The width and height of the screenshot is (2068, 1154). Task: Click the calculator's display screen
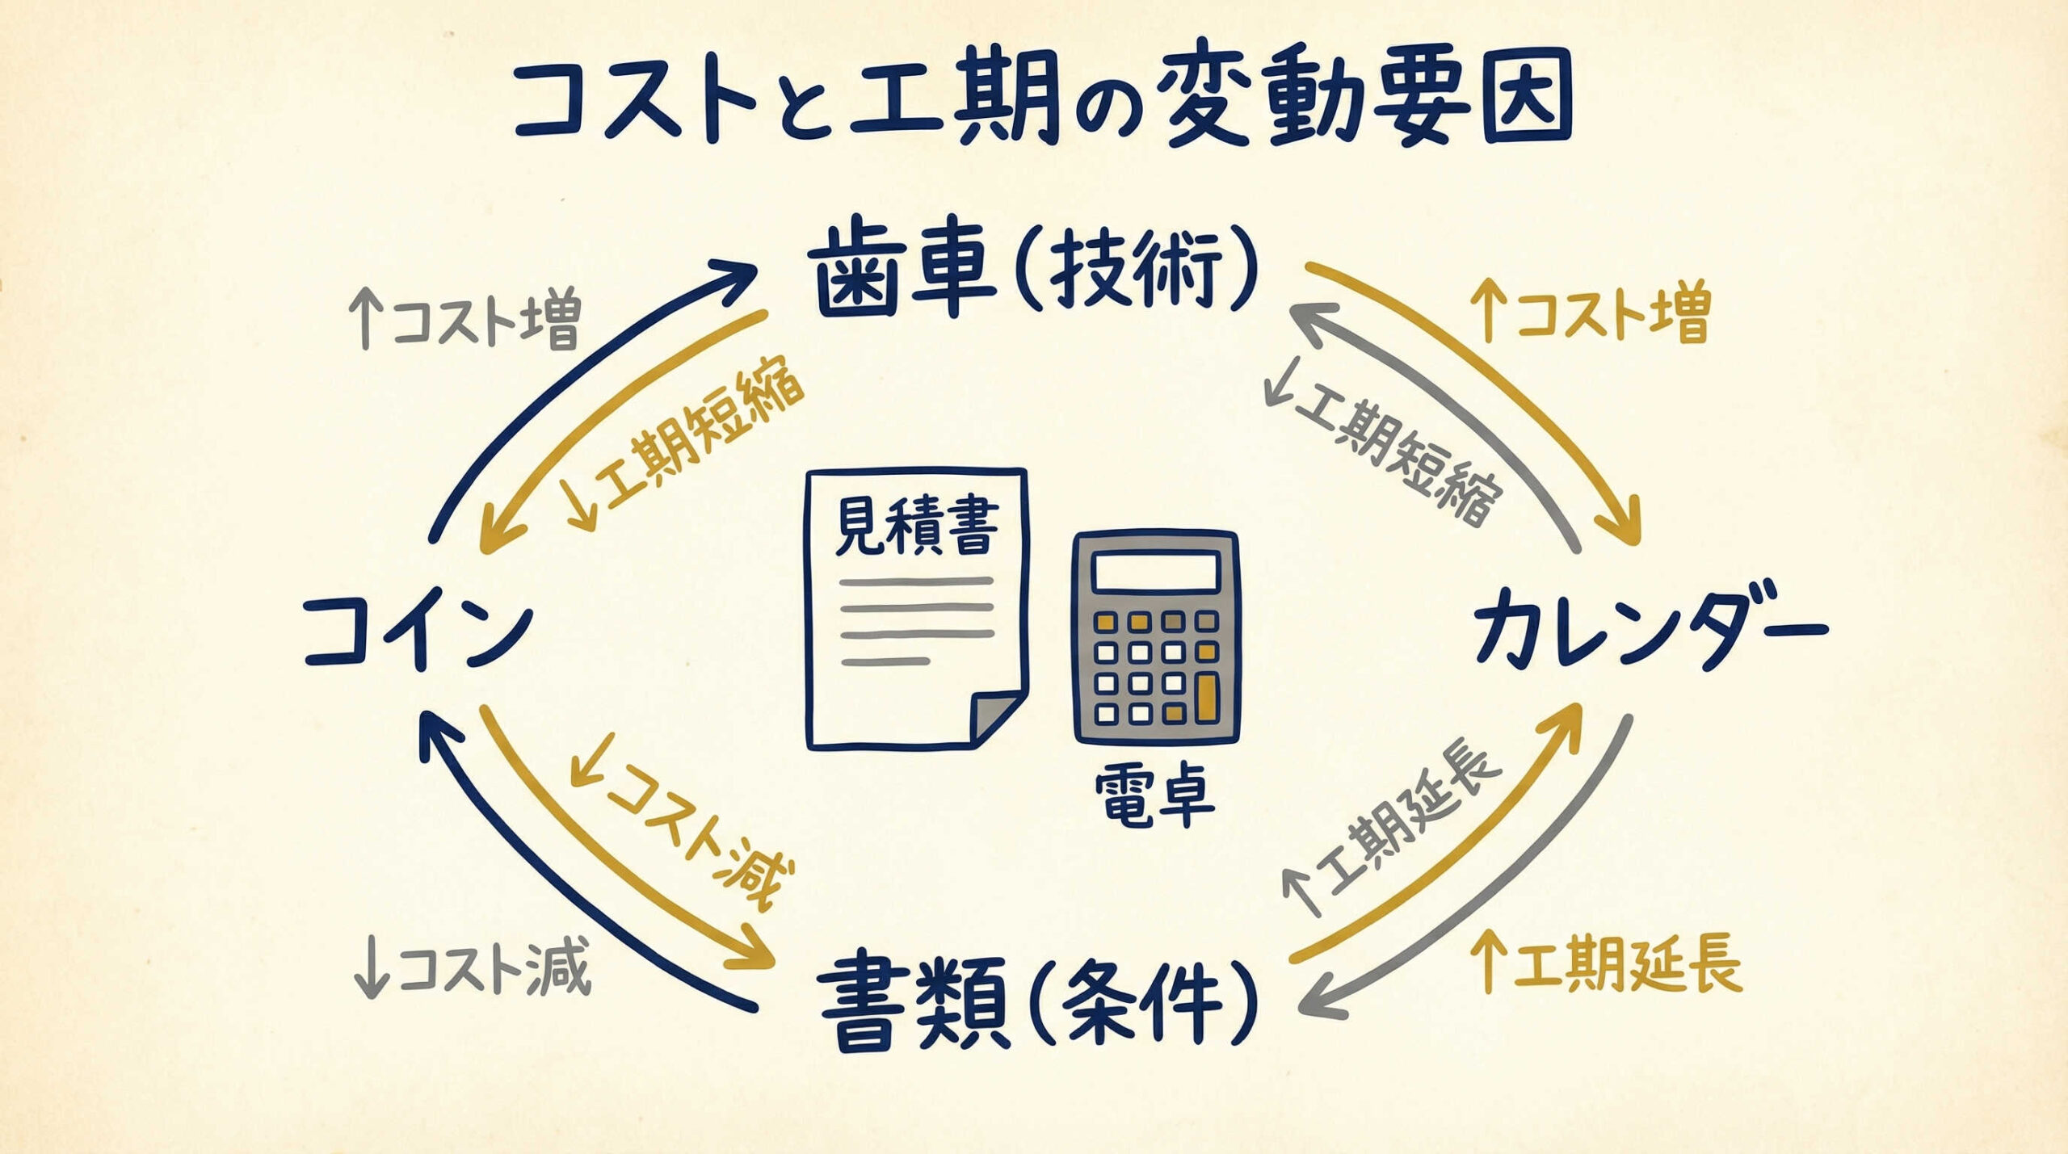pos(1156,573)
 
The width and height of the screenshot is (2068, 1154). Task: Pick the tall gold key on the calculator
pos(1207,697)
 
